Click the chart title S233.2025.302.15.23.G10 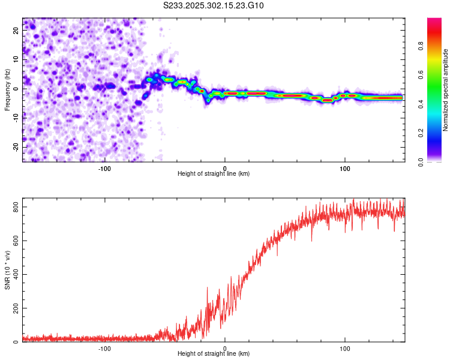pos(214,5)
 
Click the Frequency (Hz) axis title pos(7,89)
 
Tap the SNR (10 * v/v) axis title pos(7,271)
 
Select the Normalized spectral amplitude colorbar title pos(446,89)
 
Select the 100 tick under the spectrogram pos(344,168)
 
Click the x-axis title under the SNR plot pos(214,355)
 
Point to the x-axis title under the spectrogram pos(214,174)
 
